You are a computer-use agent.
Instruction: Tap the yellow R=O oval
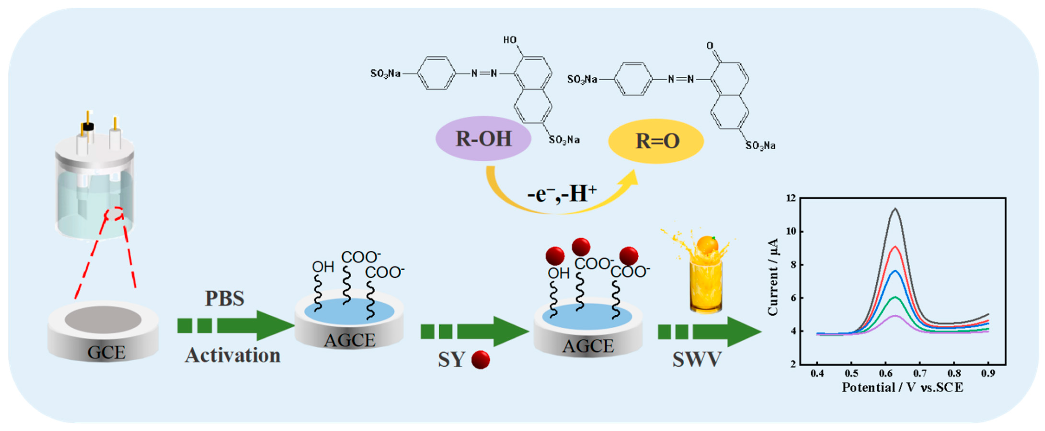point(656,141)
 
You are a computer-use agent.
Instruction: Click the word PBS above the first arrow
point(224,298)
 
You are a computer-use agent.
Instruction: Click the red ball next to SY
point(480,360)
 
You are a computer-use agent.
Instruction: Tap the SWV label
point(697,359)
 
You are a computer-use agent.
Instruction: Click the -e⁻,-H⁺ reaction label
point(562,194)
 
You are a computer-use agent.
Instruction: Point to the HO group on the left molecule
point(510,40)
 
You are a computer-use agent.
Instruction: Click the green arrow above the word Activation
point(235,326)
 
